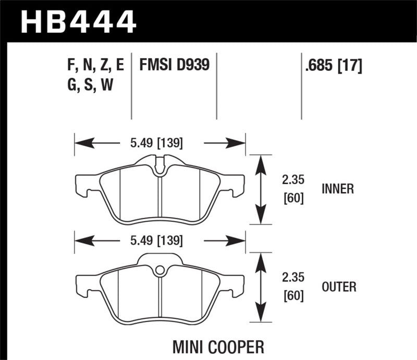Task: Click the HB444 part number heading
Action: tap(78, 21)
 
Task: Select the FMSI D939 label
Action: tap(174, 65)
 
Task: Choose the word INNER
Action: tap(337, 189)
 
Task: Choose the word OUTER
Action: tap(339, 287)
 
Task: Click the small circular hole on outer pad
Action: tap(160, 270)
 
